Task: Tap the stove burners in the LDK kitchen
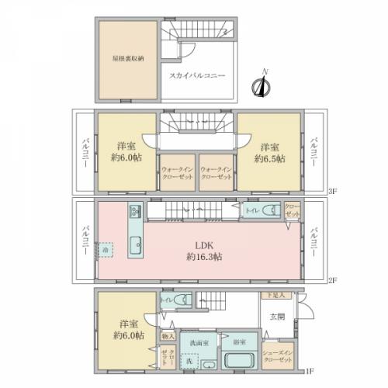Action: [x=133, y=212]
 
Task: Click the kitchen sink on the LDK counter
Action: [x=133, y=248]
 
